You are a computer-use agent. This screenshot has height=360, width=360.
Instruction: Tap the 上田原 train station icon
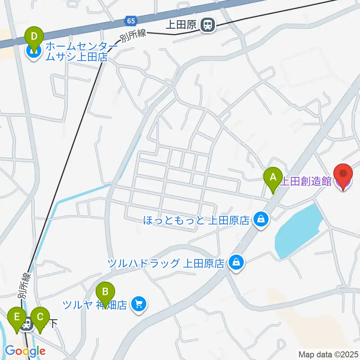pyautogui.click(x=207, y=25)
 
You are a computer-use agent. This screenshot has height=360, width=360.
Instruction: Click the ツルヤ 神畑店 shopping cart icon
pyautogui.click(x=139, y=303)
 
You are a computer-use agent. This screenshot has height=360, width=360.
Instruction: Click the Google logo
pyautogui.click(x=25, y=351)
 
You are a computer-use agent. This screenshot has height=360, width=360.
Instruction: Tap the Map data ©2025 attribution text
pyautogui.click(x=328, y=354)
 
